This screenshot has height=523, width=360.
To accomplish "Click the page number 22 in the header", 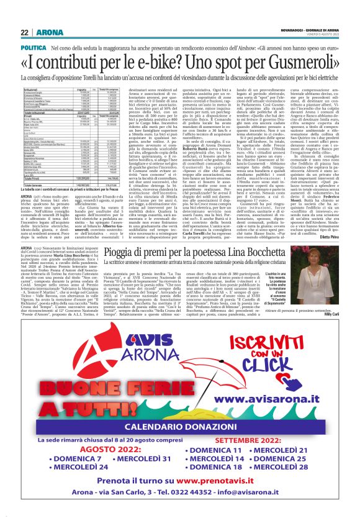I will pyautogui.click(x=24, y=32).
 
